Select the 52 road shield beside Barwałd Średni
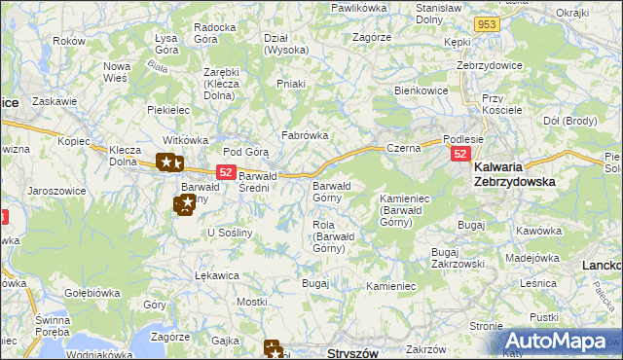(226, 171)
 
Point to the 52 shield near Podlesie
(460, 155)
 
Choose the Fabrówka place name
(305, 136)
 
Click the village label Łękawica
(216, 275)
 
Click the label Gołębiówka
(92, 291)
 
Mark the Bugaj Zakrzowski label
(458, 257)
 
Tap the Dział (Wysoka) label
(286, 44)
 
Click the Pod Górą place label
(245, 152)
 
